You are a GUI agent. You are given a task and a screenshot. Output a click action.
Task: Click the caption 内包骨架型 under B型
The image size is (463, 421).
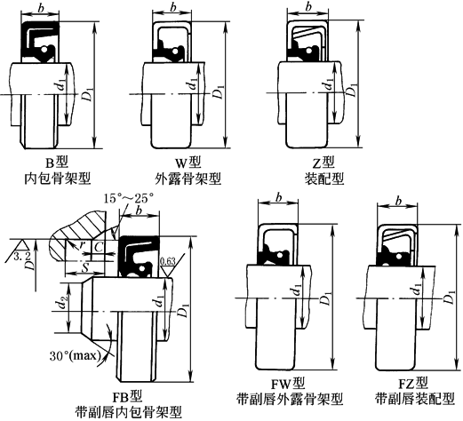coord(57,179)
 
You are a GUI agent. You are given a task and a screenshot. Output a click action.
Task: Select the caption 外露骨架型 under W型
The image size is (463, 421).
coord(188,179)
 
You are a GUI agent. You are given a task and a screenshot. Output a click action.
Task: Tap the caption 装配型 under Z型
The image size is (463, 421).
coord(324,179)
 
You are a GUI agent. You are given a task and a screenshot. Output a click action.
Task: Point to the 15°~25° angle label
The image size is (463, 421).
coord(129,198)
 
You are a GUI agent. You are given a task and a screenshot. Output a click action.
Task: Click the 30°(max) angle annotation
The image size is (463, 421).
coord(74,355)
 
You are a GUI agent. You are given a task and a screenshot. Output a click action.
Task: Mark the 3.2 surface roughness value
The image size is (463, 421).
coord(20,256)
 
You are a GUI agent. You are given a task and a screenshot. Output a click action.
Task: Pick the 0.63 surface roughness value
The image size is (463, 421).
coord(168,261)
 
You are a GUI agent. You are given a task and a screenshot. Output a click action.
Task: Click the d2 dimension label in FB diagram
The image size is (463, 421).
coord(61,303)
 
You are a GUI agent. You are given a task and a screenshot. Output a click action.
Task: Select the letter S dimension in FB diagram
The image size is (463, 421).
coord(85,268)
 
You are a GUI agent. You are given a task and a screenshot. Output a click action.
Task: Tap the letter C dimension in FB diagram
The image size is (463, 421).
coord(98,246)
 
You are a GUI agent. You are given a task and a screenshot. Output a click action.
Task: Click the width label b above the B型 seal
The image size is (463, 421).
coord(41,8)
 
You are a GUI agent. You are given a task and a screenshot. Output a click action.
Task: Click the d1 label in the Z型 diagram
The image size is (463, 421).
coord(328,84)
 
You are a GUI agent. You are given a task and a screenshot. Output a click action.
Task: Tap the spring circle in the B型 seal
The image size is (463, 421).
coord(44,50)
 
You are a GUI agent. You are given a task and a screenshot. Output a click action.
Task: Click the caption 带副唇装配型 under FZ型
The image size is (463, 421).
coord(415,399)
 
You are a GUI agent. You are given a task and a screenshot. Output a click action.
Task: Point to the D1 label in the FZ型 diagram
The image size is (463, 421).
coord(450,297)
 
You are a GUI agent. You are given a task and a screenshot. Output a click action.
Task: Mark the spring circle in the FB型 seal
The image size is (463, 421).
coord(142,268)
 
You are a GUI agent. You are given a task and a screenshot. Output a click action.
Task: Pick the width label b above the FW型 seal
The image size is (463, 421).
coord(278,197)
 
